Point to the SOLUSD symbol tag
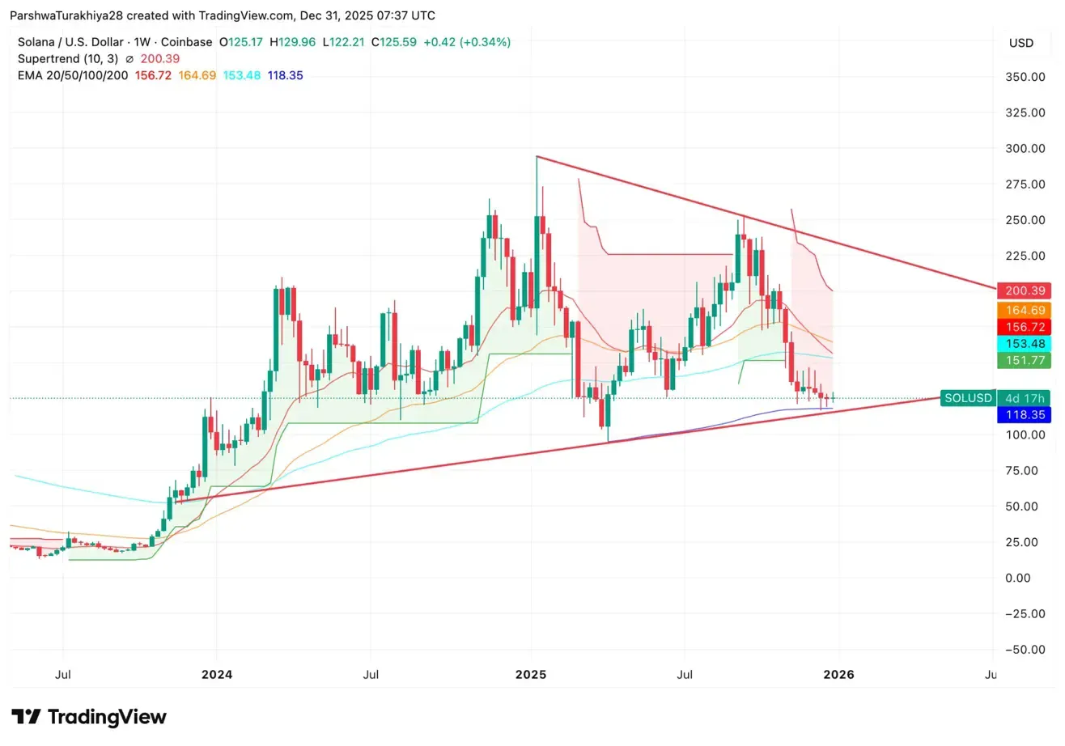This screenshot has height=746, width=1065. pyautogui.click(x=967, y=397)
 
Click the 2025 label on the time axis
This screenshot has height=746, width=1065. pyautogui.click(x=532, y=674)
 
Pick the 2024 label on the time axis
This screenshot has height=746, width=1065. pyautogui.click(x=216, y=674)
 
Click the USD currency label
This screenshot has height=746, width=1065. pyautogui.click(x=1020, y=43)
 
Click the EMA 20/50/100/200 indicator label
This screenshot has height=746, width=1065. pyautogui.click(x=73, y=75)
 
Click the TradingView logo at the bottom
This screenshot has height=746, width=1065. pyautogui.click(x=89, y=717)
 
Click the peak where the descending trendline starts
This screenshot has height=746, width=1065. pyautogui.click(x=537, y=156)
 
